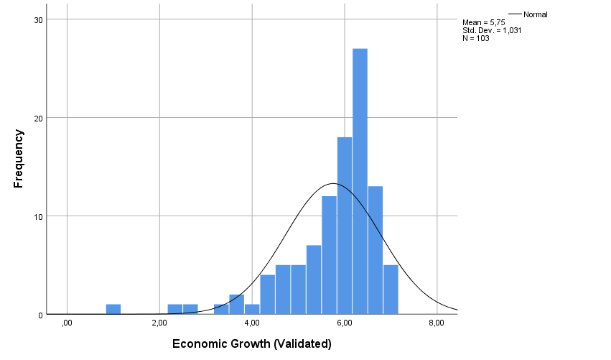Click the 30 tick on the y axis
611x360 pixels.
click(39, 19)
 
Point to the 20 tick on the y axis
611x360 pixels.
click(39, 118)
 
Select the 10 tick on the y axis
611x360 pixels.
click(39, 216)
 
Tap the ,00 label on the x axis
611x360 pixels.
click(67, 323)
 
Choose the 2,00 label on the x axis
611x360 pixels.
click(159, 323)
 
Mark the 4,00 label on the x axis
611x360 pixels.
click(251, 323)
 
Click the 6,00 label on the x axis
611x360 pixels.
click(344, 323)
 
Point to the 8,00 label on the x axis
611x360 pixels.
click(436, 323)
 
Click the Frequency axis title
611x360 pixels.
click(19, 158)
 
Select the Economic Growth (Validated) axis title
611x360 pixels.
click(251, 344)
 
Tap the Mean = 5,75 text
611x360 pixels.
click(484, 22)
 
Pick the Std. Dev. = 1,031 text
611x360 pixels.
click(493, 30)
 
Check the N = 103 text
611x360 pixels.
click(476, 38)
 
